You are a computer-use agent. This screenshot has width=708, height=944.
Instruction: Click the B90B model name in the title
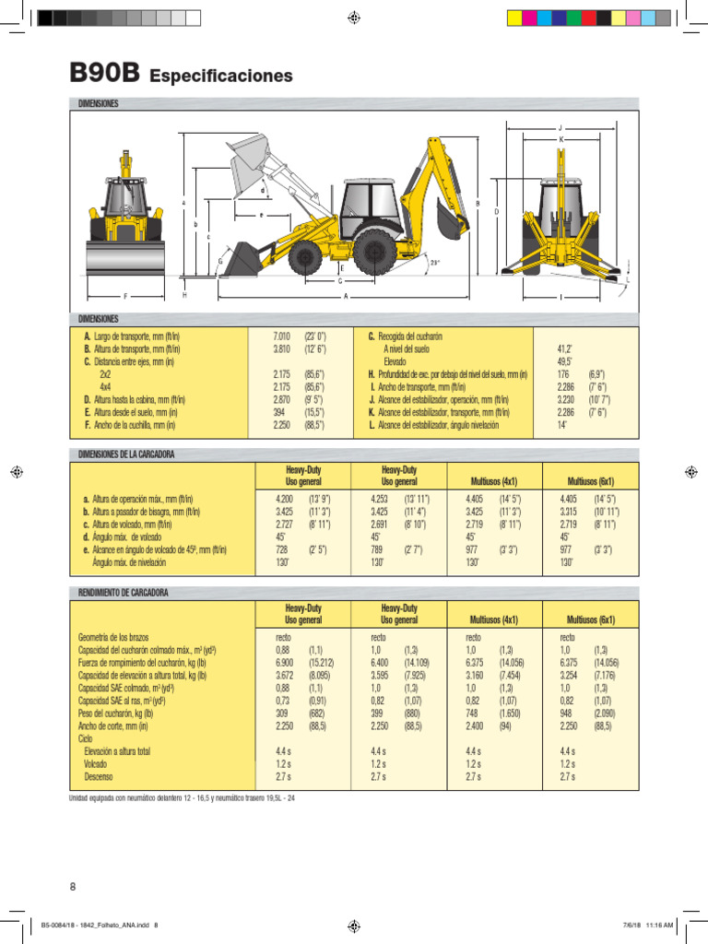click(102, 74)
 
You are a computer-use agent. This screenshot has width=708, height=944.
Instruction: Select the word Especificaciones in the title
click(220, 76)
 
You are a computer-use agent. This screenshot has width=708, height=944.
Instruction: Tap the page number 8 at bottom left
click(73, 887)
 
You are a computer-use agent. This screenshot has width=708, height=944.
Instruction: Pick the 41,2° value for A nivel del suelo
click(565, 350)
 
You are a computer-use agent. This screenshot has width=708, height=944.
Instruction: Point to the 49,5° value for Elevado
click(565, 362)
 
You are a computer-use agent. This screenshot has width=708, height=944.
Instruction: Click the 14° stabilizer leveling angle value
click(561, 426)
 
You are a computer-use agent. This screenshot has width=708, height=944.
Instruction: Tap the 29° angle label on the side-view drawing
click(435, 263)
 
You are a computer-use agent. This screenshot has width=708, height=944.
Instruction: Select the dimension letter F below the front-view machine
click(125, 296)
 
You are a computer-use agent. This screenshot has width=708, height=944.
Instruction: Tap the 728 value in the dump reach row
click(282, 549)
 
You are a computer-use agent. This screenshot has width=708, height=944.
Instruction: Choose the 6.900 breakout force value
click(284, 663)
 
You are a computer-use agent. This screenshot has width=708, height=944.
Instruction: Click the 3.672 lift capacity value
click(284, 676)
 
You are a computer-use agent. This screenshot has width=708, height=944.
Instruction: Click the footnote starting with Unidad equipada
click(183, 797)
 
